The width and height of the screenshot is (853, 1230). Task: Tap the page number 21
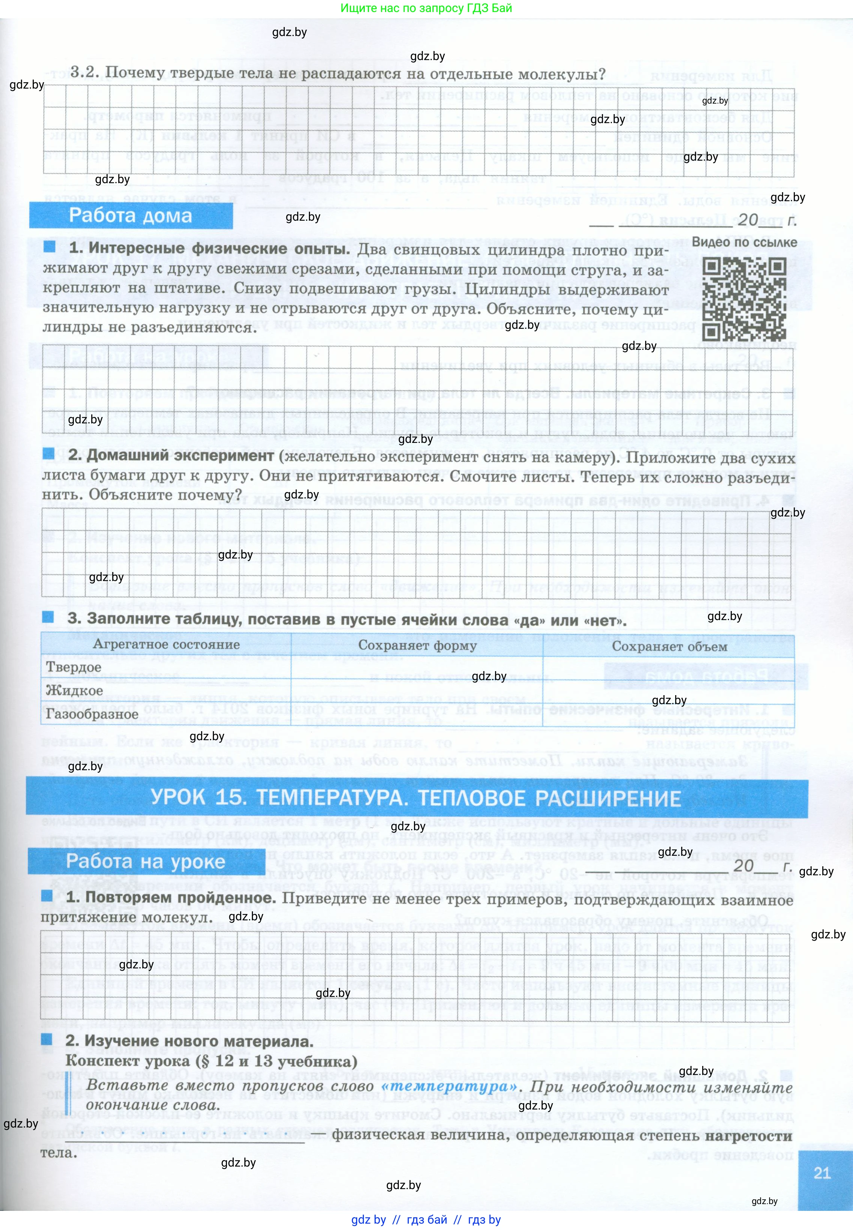pos(822,1173)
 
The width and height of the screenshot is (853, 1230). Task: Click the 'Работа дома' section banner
pos(131,215)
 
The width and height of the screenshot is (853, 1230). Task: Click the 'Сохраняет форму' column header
pos(417,645)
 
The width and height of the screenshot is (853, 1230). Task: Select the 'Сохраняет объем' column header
pos(669,646)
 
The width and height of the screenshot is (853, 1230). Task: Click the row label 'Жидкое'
pos(74,691)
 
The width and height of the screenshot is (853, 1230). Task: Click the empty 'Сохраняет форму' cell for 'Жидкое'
pos(417,691)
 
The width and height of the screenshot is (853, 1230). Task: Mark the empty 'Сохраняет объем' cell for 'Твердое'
pos(669,668)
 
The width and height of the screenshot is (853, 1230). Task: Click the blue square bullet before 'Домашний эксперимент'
pos(49,454)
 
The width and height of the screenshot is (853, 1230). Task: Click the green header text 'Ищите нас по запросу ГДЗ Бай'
pos(426,8)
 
